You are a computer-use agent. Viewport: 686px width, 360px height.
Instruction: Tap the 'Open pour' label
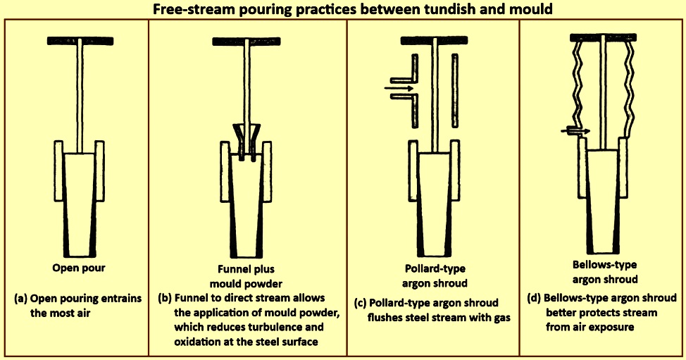(x=79, y=268)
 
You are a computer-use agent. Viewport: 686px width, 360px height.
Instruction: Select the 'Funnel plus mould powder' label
(x=246, y=276)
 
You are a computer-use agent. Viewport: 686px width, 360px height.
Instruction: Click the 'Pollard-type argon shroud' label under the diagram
(x=435, y=275)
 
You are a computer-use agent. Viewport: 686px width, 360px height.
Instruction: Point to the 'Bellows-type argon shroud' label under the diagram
(x=604, y=272)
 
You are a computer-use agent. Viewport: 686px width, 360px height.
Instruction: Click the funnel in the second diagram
(x=247, y=138)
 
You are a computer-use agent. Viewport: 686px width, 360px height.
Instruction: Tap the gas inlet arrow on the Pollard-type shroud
(x=399, y=88)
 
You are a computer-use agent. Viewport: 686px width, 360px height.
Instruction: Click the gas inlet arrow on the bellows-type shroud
(x=575, y=130)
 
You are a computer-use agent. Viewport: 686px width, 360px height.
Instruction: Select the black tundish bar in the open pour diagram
(x=80, y=41)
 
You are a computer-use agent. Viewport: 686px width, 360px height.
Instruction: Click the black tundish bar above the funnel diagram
(x=247, y=42)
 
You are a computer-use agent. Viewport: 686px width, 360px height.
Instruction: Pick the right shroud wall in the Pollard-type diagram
(x=455, y=91)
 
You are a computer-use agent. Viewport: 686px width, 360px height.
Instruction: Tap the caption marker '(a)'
(x=20, y=299)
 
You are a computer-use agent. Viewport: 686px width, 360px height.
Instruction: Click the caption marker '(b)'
(x=165, y=298)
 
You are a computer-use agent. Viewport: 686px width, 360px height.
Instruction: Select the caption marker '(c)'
(x=360, y=303)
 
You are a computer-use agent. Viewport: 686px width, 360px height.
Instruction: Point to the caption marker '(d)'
(x=534, y=298)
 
